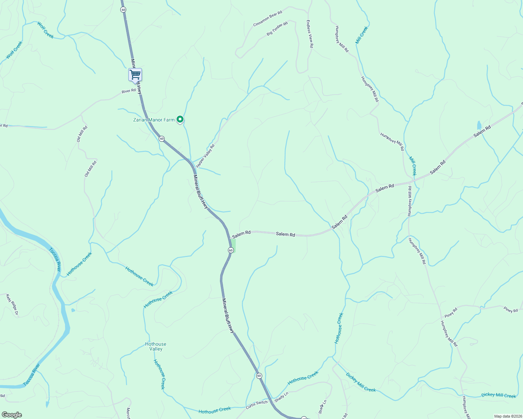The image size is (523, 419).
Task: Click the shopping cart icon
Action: point(135,74)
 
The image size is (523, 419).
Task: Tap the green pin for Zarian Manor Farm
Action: point(180,120)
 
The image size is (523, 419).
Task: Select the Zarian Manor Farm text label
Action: point(154,120)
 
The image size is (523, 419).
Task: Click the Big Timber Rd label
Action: point(277,29)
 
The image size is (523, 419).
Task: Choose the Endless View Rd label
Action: point(309,34)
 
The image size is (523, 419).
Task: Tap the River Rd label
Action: point(129,91)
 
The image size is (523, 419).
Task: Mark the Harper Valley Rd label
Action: point(205,156)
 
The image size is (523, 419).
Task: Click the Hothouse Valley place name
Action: point(156,346)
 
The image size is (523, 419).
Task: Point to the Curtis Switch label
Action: point(257,405)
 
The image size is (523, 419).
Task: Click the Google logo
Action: point(12,415)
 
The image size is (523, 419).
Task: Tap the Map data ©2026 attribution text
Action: point(508,416)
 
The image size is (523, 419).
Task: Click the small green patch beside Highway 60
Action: point(233,245)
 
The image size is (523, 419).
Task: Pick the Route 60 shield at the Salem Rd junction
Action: point(230,250)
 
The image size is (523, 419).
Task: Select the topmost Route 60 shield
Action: point(123,9)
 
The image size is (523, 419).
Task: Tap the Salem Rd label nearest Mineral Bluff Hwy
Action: point(241,233)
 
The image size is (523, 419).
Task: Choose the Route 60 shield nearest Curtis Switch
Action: point(259,376)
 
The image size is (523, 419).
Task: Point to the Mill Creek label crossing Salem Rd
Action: point(413,166)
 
